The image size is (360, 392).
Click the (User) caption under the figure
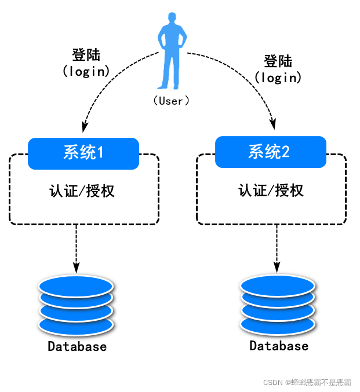pos(172,101)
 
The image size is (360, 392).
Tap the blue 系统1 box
pos(83,153)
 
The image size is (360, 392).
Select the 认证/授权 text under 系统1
pos(82,190)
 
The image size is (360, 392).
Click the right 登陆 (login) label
pos(278,69)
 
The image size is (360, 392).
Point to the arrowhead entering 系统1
pos(85,126)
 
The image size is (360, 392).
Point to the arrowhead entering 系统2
pos(274,124)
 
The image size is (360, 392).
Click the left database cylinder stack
pos(76,306)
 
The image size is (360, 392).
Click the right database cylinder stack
pos(278,305)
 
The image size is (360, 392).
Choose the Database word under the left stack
pos(77,347)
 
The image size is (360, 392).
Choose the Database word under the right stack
pos(279,346)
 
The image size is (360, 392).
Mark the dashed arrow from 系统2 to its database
pos(277,248)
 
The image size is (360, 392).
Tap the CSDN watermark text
pos(307,383)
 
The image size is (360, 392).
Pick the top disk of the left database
pos(76,286)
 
